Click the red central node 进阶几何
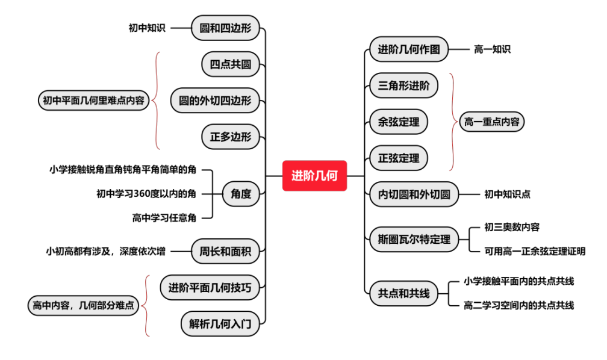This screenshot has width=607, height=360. [x=314, y=176]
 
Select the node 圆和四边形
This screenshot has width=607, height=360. [x=225, y=28]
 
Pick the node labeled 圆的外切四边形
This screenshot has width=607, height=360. [x=215, y=100]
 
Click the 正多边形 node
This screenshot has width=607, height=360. [x=231, y=136]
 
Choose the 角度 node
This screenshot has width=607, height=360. [x=241, y=194]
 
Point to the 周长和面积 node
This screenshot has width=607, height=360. [x=225, y=252]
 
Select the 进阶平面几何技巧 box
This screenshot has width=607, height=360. [x=210, y=288]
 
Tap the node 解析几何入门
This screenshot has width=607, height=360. [x=220, y=324]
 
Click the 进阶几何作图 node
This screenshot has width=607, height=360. [x=409, y=49]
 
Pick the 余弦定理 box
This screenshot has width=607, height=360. [x=399, y=122]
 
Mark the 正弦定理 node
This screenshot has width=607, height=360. [x=399, y=158]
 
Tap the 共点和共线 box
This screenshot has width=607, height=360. [x=403, y=293]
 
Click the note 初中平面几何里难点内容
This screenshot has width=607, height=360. [x=94, y=100]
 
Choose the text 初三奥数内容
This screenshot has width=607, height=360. [x=512, y=227]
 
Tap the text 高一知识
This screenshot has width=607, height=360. [x=492, y=49]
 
